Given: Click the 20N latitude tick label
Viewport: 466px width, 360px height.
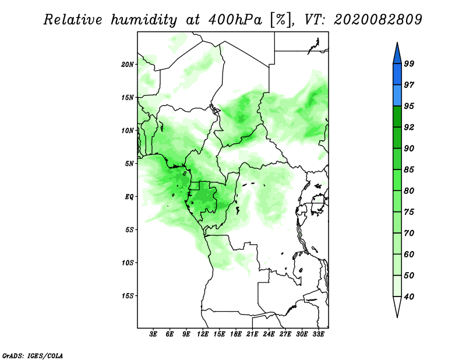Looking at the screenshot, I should click(x=128, y=64).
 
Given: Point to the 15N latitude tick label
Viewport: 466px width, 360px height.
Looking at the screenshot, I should click(x=128, y=97).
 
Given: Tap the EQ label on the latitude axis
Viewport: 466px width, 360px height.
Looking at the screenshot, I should click(x=129, y=197).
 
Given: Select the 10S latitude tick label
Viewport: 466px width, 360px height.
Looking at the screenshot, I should click(x=128, y=263).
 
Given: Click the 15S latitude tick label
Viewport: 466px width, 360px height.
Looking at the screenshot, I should click(x=128, y=296).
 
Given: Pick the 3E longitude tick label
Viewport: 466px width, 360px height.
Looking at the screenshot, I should click(x=154, y=335).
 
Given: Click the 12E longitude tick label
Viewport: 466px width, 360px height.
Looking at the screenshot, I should click(x=203, y=335).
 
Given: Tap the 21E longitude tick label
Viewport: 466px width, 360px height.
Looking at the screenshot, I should click(x=252, y=335).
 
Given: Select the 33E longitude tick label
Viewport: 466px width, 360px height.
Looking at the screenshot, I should click(x=318, y=335).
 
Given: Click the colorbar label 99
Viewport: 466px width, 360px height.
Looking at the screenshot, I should click(x=409, y=64).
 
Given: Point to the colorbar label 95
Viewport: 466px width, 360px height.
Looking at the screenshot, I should click(x=409, y=106).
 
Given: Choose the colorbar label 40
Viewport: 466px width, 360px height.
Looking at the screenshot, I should click(x=409, y=297).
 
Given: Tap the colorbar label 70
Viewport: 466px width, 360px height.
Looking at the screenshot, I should click(x=409, y=233).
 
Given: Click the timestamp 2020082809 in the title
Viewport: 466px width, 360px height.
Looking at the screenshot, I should click(x=378, y=20).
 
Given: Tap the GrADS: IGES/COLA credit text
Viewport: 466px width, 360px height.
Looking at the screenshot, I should click(x=32, y=355).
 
